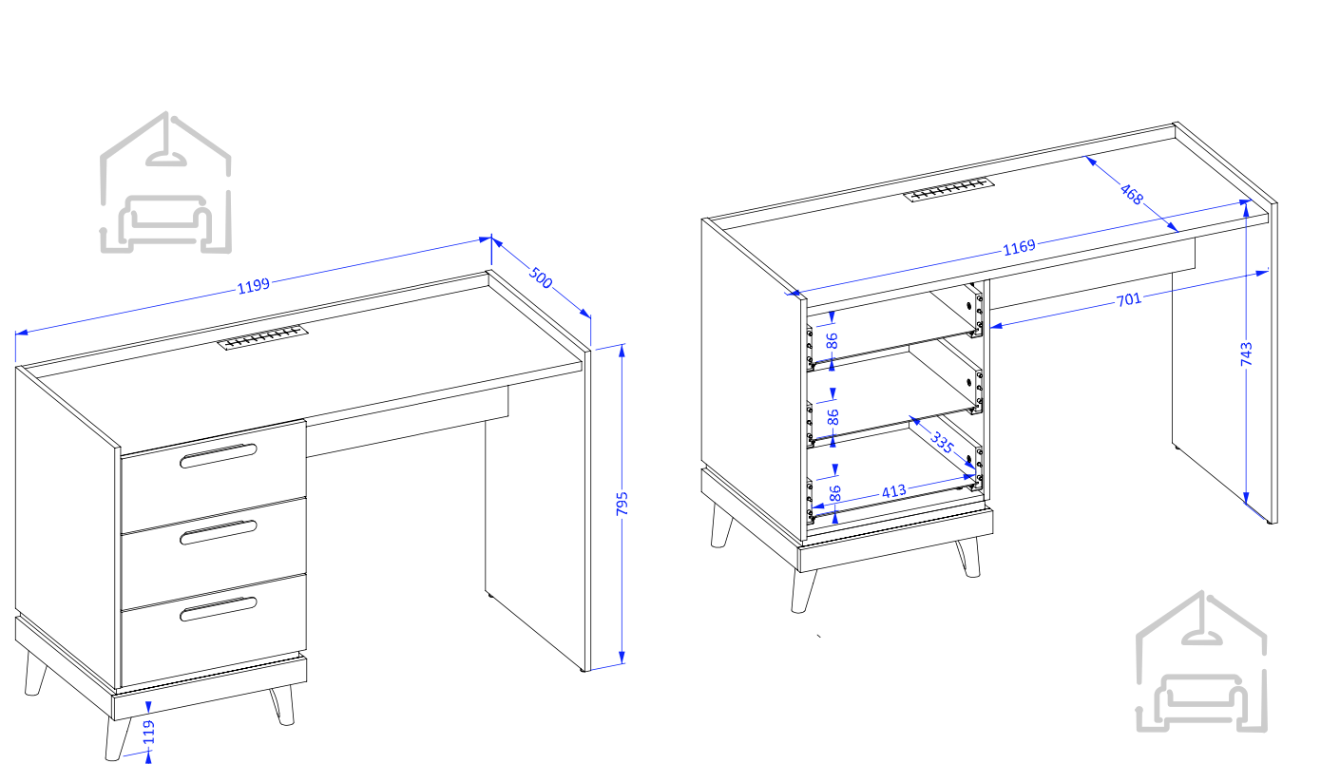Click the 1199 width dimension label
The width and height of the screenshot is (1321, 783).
point(254,286)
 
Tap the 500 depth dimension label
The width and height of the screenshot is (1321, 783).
point(540,277)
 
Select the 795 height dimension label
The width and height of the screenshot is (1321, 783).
point(622,505)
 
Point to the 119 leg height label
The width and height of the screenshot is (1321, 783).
point(148,733)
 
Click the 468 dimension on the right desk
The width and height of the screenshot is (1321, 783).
point(1132,194)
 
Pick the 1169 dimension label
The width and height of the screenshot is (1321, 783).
point(1019,247)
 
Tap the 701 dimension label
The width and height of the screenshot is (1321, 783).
point(1129,299)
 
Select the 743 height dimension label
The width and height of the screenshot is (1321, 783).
point(1246,353)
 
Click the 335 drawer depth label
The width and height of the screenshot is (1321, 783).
point(942,442)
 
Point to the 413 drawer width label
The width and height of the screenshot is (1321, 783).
point(893,491)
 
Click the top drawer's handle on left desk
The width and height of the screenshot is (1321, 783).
point(219,456)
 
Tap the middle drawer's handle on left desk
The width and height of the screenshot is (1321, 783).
point(219,532)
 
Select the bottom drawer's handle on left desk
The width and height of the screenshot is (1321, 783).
point(219,609)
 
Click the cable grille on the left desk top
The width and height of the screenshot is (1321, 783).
point(262,337)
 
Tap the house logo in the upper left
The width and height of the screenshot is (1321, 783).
point(165,182)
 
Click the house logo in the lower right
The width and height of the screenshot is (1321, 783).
point(1201,661)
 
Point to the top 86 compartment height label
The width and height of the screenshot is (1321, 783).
point(832,341)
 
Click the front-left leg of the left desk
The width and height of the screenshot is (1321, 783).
point(116,738)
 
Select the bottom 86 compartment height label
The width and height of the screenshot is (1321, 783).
point(834,493)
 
